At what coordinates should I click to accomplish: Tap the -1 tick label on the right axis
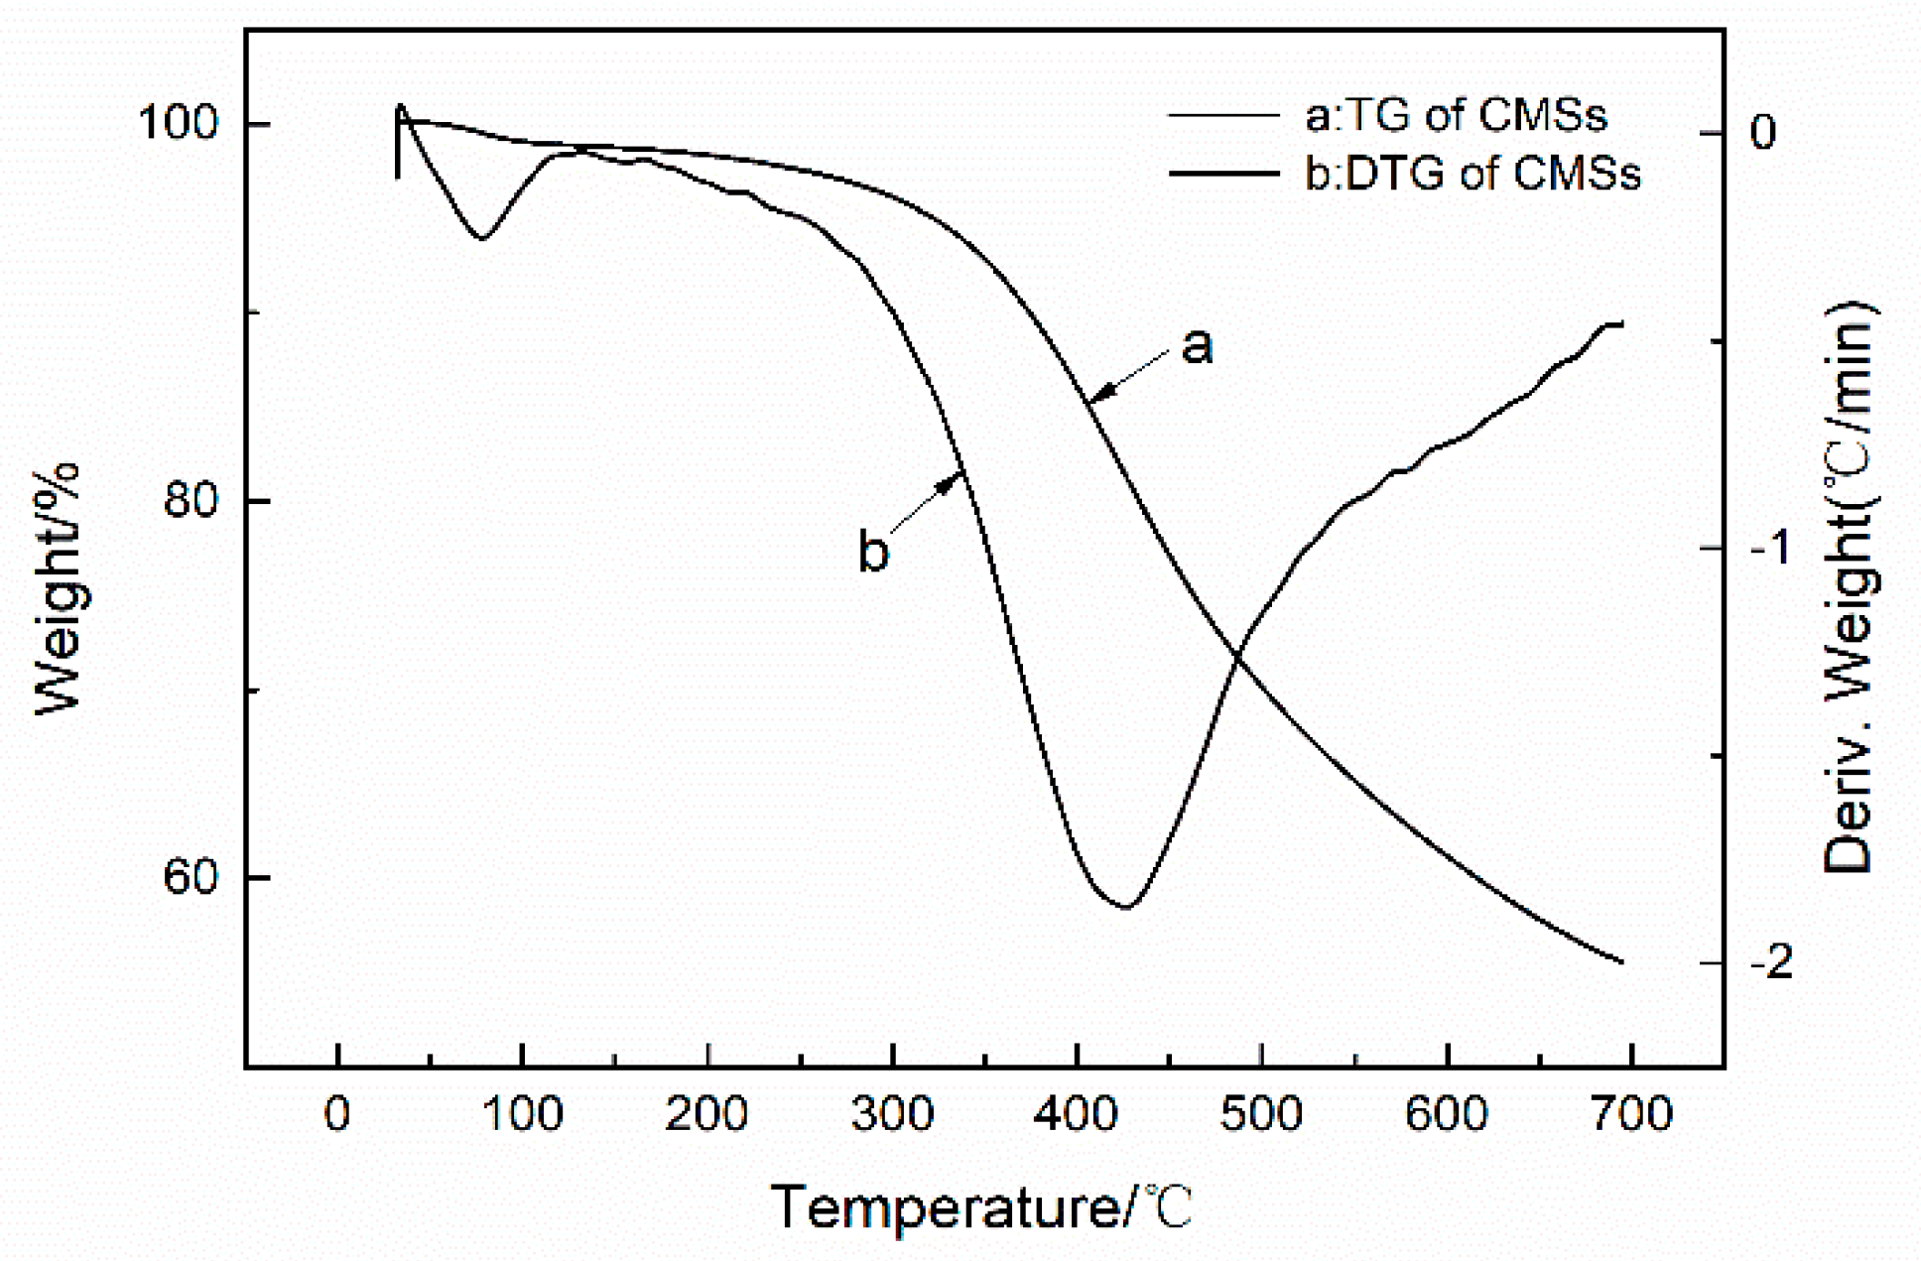(x=1771, y=547)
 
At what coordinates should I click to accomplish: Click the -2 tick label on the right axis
(x=1771, y=961)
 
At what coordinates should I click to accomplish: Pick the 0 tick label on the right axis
(x=1762, y=132)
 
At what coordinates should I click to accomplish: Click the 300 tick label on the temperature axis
(x=892, y=1114)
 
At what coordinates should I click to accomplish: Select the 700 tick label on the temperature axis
(x=1631, y=1114)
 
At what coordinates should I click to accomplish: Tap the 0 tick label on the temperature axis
(x=337, y=1114)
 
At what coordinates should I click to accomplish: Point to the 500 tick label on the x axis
(x=1261, y=1114)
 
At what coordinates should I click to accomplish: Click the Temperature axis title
(x=982, y=1207)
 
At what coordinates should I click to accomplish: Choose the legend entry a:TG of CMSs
(x=1455, y=115)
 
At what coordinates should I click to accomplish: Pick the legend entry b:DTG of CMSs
(x=1473, y=174)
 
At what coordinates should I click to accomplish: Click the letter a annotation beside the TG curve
(x=1198, y=345)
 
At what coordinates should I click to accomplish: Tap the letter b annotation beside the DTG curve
(x=873, y=552)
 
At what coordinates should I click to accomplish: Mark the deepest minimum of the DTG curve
(x=1124, y=906)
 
